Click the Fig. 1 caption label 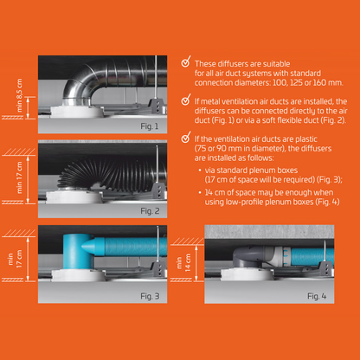tap(149, 126)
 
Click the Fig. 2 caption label tap(149, 210)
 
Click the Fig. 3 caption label tap(149, 297)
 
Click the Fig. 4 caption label tap(319, 297)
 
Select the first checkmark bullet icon tap(186, 63)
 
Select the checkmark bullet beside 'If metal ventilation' tap(186, 100)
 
